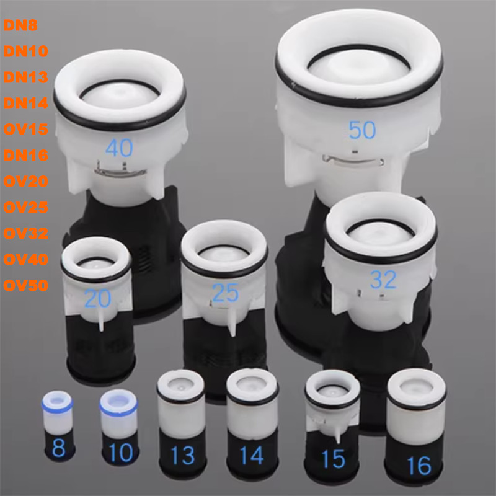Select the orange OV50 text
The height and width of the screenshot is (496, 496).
coord(27,286)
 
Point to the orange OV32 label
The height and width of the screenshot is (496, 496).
coord(27,234)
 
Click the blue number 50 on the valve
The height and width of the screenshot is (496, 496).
coord(363,130)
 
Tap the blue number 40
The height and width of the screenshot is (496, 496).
coord(118,148)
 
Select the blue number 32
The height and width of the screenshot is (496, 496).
coord(383,280)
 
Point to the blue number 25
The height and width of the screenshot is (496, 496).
coord(225,293)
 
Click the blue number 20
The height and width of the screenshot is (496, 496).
coord(97,299)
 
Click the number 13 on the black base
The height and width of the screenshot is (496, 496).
coord(182,456)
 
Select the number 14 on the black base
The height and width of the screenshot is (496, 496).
coord(251,456)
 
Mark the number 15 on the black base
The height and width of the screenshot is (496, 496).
coord(333,459)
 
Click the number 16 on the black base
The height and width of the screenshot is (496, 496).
coord(418,464)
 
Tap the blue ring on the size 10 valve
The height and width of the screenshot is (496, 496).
coord(119,409)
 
